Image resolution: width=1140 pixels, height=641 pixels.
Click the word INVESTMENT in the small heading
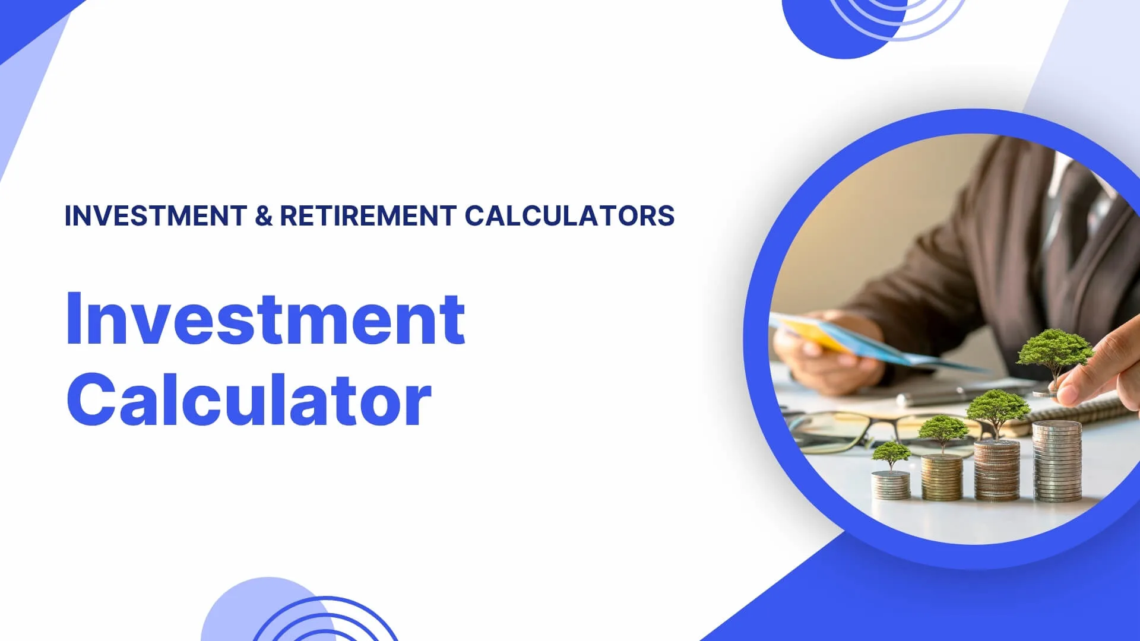coord(156,215)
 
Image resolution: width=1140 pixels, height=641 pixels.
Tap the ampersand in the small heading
coord(264,216)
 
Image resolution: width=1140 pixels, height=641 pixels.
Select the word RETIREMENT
coord(368,215)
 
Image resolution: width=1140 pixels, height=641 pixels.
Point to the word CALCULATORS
coord(569,215)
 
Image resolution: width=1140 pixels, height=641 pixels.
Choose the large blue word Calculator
coord(249,399)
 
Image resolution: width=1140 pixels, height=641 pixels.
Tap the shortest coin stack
coord(891,484)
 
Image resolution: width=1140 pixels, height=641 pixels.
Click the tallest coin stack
coord(1057,461)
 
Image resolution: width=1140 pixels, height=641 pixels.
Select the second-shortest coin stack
coord(942,477)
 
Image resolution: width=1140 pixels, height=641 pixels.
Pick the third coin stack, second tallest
coord(997,470)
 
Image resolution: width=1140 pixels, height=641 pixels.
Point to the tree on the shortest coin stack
coord(891,456)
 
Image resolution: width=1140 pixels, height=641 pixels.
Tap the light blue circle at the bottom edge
coord(267,611)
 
